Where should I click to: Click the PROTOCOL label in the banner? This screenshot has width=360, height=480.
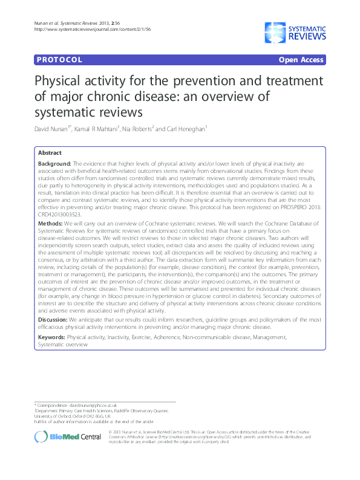click(59, 60)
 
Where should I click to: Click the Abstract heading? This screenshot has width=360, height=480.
click(50, 154)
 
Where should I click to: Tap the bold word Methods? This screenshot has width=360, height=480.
click(50, 222)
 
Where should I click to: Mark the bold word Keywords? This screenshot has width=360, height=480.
click(51, 336)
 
